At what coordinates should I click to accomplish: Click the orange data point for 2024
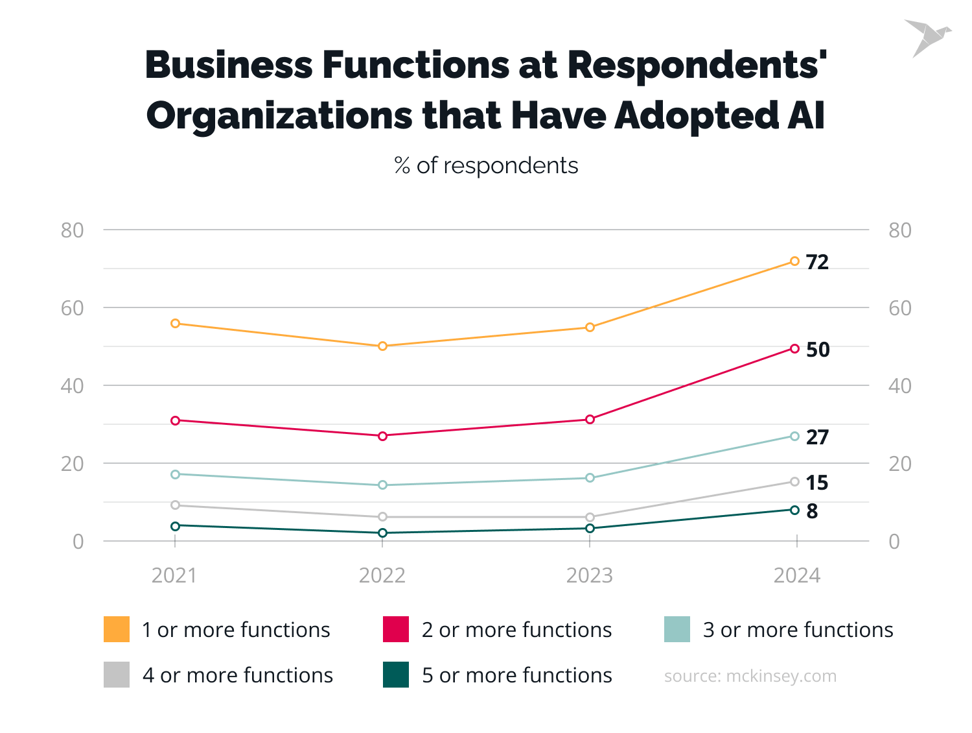(794, 261)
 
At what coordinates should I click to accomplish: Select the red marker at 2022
(382, 436)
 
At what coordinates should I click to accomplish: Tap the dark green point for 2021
(175, 525)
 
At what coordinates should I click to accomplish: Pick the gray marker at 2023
(590, 517)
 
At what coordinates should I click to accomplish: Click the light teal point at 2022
(382, 485)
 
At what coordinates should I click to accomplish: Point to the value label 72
(817, 262)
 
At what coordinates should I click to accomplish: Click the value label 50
(817, 350)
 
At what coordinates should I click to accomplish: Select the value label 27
(817, 437)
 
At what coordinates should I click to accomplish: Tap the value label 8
(812, 511)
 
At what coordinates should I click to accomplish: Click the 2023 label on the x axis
(589, 575)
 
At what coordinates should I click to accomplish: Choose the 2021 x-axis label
(174, 575)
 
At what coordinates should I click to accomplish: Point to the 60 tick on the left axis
(73, 308)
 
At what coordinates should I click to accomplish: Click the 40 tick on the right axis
(899, 386)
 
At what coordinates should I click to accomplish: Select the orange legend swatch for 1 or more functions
(117, 629)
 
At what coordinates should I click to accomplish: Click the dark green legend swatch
(396, 675)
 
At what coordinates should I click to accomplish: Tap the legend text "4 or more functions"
(237, 675)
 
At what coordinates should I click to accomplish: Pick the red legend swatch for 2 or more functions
(396, 629)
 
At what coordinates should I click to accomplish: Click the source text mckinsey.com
(750, 676)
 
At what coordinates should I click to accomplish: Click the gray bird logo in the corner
(927, 37)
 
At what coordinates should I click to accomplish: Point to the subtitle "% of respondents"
(486, 165)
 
